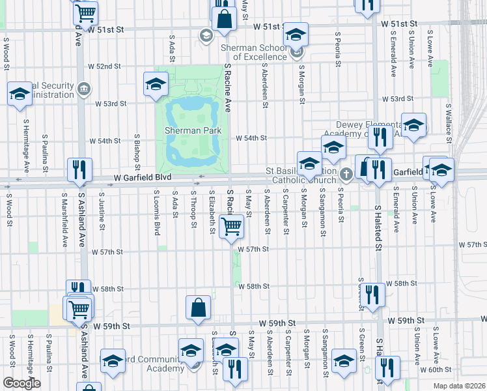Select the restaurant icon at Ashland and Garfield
pos(79,170)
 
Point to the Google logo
pos(21,383)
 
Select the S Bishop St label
pos(137,149)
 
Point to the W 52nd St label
pos(108,66)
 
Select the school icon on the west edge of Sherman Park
pos(156,84)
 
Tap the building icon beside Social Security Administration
pos(83,89)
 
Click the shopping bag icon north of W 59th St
pos(198,308)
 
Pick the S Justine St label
pos(102,210)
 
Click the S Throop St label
pos(194,210)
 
